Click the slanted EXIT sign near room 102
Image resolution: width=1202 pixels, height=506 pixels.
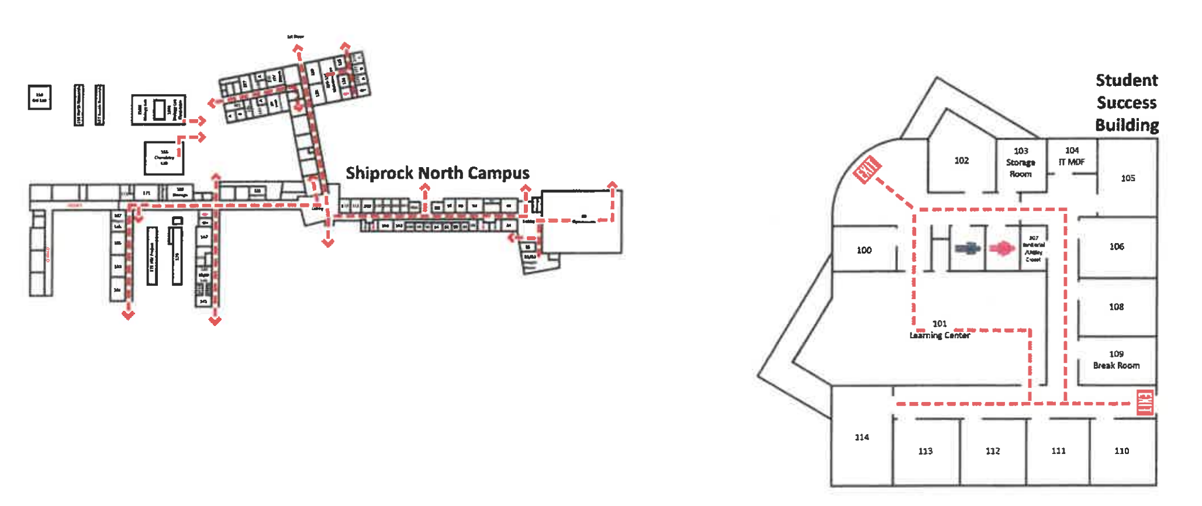tap(866, 169)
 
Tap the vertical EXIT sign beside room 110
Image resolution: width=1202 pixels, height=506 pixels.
tap(1145, 403)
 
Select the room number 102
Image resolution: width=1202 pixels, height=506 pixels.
tap(961, 161)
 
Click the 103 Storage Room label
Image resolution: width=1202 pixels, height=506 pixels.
tap(1021, 162)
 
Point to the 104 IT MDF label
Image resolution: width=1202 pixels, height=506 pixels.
tap(1072, 157)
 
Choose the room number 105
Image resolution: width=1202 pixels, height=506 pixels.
tap(1128, 178)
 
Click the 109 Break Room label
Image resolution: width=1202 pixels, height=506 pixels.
tap(1116, 360)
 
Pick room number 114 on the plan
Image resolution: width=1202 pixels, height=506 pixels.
tap(862, 437)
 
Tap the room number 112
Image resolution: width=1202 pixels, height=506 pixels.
tap(993, 451)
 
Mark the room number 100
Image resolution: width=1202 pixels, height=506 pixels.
tap(864, 250)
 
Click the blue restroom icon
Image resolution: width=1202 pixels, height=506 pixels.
tap(968, 249)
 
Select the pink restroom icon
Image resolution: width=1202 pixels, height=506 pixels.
tap(1002, 249)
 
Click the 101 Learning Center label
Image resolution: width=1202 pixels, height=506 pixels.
tap(940, 330)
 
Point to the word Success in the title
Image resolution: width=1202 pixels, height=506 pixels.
tap(1127, 103)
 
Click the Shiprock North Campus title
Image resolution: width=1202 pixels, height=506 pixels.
tap(437, 173)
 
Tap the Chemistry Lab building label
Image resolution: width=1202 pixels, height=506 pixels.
tap(164, 158)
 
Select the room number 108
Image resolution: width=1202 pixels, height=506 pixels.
tap(1116, 307)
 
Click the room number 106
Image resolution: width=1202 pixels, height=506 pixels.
tap(1117, 247)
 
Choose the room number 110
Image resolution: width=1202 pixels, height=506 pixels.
tap(1121, 451)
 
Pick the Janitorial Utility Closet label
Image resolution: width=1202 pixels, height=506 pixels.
tap(1034, 249)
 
